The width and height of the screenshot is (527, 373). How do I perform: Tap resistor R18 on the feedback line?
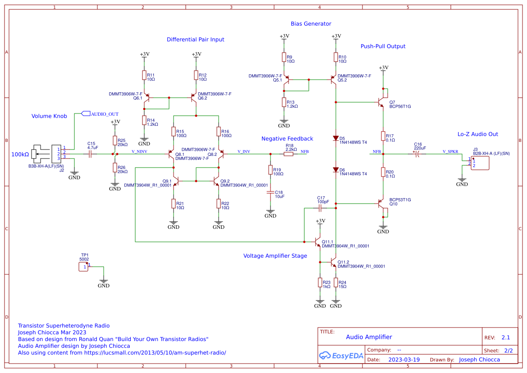[288, 154]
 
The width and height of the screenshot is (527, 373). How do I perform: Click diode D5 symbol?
[336, 138]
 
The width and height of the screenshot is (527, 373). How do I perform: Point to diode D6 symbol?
[336, 170]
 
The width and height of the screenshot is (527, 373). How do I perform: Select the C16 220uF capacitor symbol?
[417, 154]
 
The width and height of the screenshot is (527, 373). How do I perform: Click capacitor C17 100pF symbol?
[321, 209]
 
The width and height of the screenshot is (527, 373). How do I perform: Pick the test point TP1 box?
[83, 267]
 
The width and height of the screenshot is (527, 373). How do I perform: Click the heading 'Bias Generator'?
[311, 24]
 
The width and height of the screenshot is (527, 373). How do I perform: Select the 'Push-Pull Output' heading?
[383, 46]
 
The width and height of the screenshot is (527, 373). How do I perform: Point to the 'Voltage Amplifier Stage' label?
[275, 256]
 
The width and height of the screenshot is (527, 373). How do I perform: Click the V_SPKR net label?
[450, 151]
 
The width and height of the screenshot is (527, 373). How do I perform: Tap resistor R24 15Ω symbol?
[336, 283]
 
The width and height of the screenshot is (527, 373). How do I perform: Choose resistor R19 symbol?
[270, 170]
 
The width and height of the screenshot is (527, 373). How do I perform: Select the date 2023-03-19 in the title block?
[404, 360]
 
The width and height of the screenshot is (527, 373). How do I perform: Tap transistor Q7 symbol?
[383, 102]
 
